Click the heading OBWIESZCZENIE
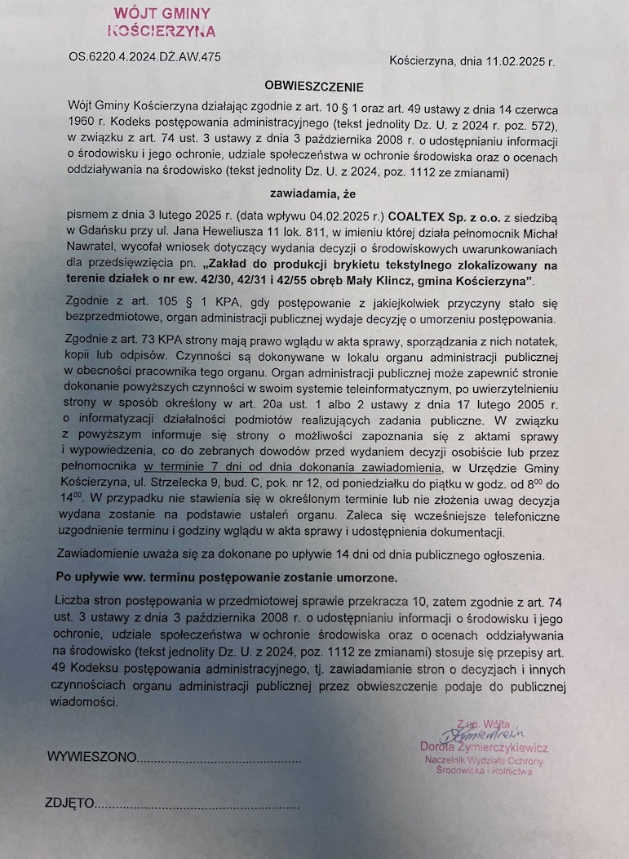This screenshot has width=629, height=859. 313,86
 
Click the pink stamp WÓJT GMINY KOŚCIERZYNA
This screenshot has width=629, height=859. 162,22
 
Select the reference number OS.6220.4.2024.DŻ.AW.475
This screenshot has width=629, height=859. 145,57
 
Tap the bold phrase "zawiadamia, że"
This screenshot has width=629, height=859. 314,194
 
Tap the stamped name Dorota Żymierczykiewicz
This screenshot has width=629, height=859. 484,747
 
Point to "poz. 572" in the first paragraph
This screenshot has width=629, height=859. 525,125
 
